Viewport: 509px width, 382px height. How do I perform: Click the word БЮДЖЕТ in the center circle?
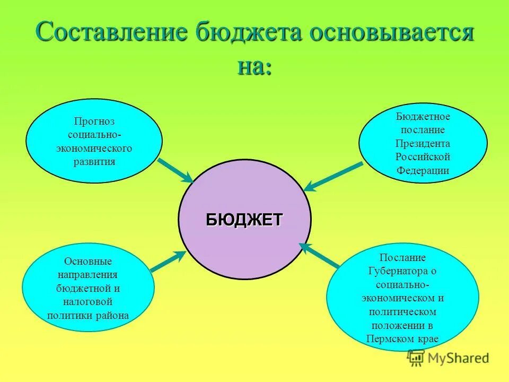coord(244,219)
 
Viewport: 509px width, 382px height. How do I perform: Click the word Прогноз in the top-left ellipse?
coord(94,121)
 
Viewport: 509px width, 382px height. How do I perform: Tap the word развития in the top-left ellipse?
coord(94,161)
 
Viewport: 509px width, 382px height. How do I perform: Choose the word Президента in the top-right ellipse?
coord(423,143)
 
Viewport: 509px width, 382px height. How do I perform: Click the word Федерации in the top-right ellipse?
coord(423,170)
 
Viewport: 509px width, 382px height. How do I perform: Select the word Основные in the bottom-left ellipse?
coord(88,262)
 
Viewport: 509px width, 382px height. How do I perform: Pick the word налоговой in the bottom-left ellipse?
coord(88,302)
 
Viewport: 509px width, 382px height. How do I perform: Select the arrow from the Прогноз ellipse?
coord(176,169)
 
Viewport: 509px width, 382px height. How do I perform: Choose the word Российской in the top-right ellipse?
coord(423,157)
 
